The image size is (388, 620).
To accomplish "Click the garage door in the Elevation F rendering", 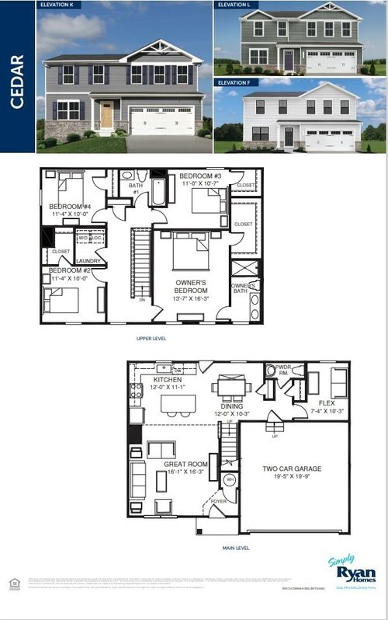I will coord(330,140).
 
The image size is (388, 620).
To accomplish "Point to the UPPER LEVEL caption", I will coord(151,339).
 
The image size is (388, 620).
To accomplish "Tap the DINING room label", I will coord(232,406).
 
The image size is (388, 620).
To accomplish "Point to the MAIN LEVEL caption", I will coord(236,548).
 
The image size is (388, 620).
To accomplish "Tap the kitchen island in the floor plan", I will coord(178,403).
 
